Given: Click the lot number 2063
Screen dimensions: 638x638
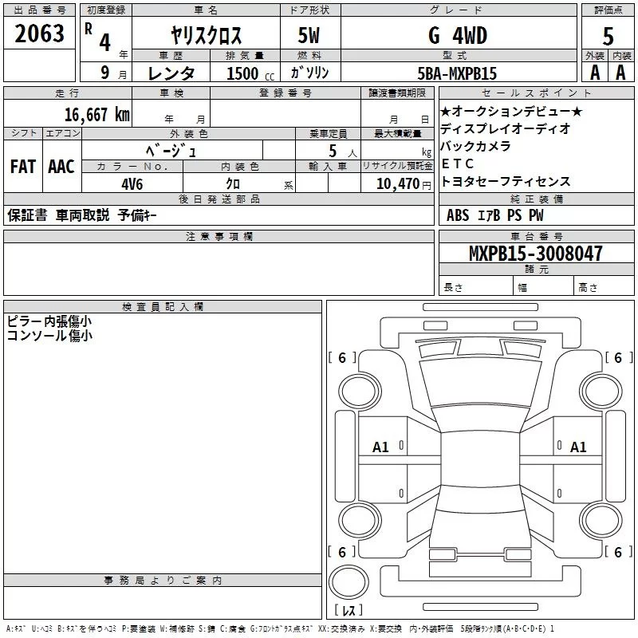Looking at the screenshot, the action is (x=40, y=33).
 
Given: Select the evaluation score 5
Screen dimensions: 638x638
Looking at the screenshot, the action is (x=608, y=36).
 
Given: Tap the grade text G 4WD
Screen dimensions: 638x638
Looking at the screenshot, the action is (x=458, y=36).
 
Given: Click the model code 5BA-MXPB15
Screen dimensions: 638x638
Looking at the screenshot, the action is (x=457, y=73).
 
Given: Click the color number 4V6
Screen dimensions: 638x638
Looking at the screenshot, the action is (x=132, y=183).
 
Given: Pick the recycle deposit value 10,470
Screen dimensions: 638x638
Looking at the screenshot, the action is (x=396, y=183).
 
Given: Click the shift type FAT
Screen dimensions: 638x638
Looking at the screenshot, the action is (x=22, y=166).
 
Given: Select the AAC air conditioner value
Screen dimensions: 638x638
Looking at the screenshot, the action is (x=61, y=166).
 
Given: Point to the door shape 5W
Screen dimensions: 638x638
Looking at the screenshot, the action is (x=310, y=36).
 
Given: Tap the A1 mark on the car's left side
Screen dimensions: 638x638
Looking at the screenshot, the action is (x=380, y=447).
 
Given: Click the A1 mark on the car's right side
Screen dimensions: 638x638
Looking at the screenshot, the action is (x=578, y=447).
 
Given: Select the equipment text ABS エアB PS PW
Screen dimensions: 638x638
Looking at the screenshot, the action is (x=495, y=215).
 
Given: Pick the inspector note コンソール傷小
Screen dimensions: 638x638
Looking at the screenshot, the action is (x=49, y=336).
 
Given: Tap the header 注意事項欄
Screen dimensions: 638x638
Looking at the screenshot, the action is (x=219, y=237).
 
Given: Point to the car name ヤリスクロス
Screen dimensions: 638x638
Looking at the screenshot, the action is (x=206, y=36).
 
